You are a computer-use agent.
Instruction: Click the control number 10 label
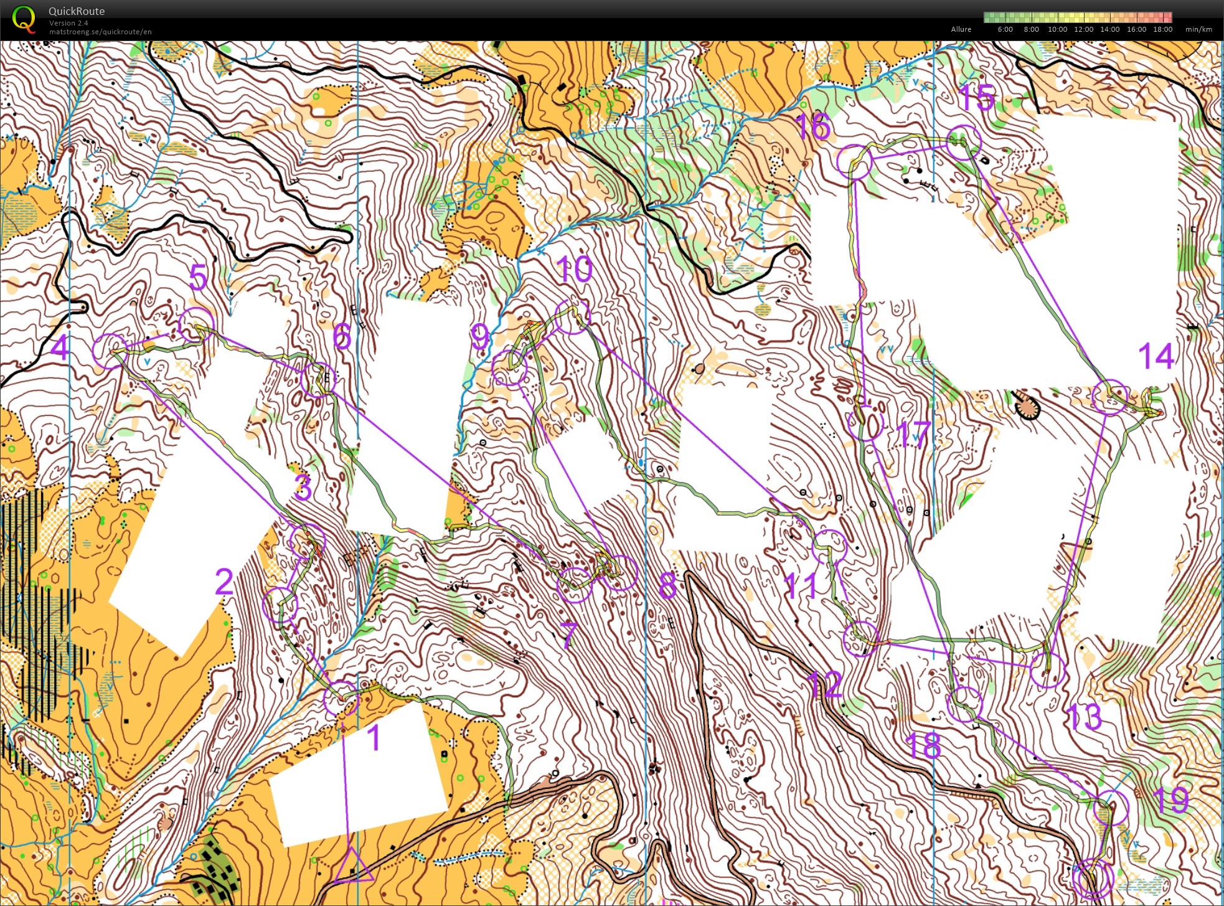pos(574,270)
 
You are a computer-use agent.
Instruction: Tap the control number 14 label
pos(1156,356)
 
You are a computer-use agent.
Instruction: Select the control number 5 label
pos(198,277)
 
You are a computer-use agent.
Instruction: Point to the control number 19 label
pos(1170,800)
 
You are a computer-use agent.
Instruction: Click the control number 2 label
pos(224,582)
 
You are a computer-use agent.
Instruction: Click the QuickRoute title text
pos(77,11)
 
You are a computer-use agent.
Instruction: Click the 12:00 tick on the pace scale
pos(1083,29)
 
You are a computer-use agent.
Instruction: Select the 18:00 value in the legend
pos(1162,29)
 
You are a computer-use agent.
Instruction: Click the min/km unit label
pos(1198,29)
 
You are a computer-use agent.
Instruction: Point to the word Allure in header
pos(961,29)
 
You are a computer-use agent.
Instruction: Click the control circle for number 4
pos(110,351)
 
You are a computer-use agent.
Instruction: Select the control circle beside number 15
pos(963,142)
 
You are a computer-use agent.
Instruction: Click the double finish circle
pos(1093,878)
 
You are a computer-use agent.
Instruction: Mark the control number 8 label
pos(667,585)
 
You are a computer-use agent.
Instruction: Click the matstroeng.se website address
pos(100,32)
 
